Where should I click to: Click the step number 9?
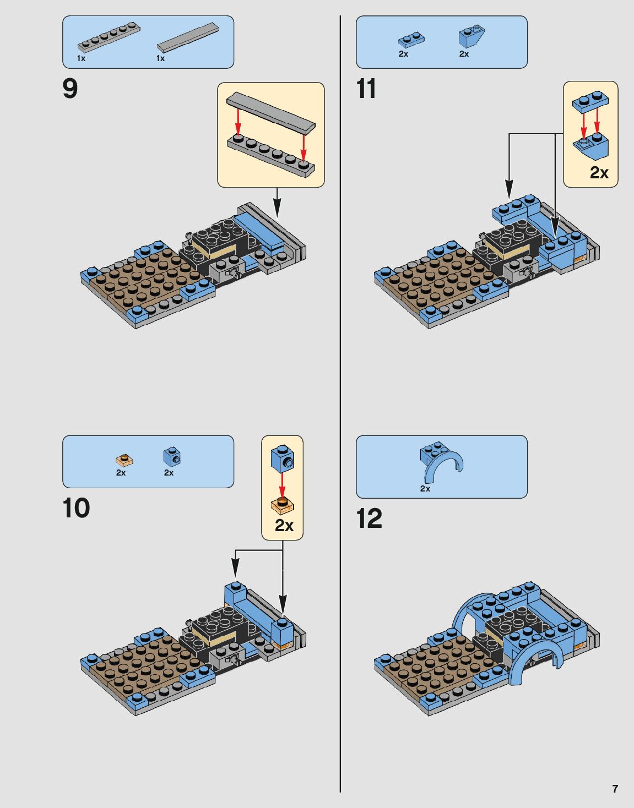71,89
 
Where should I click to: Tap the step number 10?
76,508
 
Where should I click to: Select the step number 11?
366,89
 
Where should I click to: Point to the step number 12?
369,518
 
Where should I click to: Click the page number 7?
615,789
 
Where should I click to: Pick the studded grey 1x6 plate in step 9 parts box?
109,37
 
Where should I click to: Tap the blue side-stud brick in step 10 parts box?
172,456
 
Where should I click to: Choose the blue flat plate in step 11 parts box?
411,40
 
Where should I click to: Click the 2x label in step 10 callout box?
284,526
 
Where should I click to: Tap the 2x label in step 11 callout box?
599,173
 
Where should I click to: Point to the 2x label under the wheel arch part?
425,489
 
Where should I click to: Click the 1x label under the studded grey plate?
82,58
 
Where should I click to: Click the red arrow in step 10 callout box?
282,484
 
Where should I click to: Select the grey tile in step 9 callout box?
270,112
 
